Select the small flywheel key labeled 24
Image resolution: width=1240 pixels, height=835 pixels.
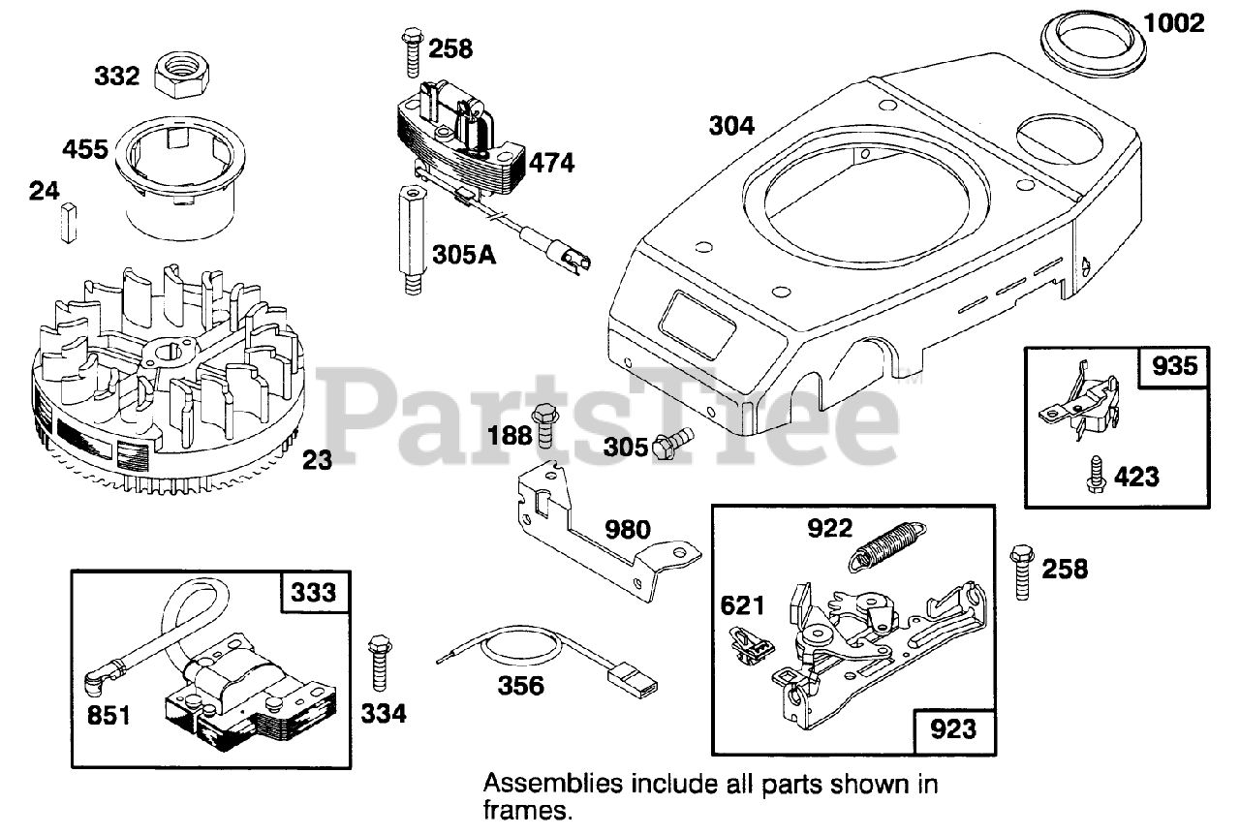[x=67, y=223]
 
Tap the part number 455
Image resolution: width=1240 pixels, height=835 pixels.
[x=85, y=150]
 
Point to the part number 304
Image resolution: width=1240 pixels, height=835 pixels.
[x=731, y=125]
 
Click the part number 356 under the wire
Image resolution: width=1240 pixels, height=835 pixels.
[x=521, y=686]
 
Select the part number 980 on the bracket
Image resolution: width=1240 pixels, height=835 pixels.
[x=628, y=529]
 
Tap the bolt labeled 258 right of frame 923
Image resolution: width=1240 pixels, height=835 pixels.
[x=1023, y=572]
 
